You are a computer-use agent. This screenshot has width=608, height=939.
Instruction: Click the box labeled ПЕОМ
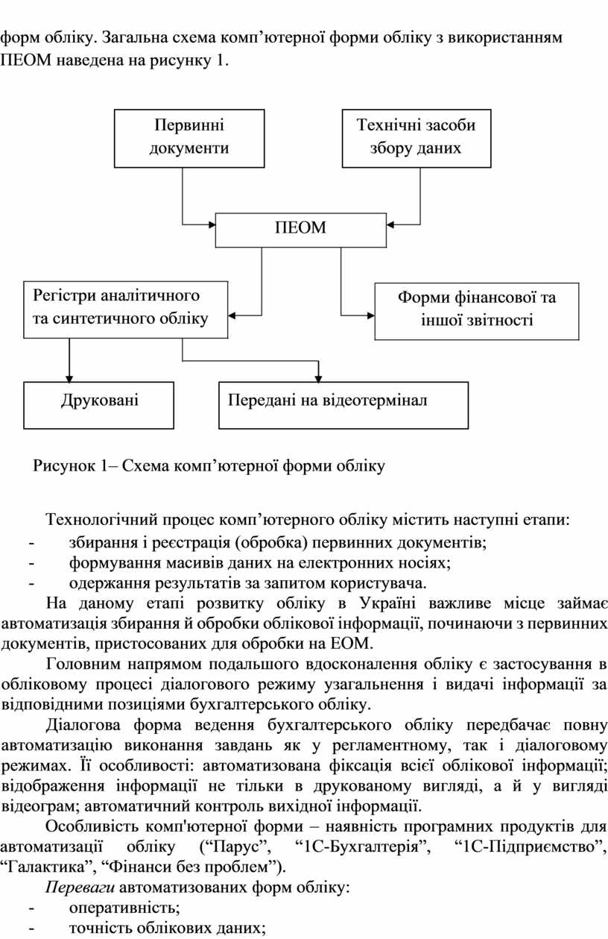(x=301, y=230)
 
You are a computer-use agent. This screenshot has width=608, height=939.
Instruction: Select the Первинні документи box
(x=189, y=138)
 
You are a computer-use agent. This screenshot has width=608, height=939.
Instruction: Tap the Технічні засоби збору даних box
(x=417, y=138)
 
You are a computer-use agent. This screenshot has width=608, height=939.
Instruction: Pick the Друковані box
(x=99, y=405)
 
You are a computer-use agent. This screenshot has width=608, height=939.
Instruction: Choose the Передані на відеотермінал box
(x=343, y=405)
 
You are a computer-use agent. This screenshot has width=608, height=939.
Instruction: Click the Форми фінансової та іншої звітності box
(x=477, y=311)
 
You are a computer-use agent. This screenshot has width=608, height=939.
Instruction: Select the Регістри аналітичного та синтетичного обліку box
(x=126, y=310)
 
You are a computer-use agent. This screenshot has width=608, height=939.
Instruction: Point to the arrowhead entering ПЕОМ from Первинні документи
(x=212, y=224)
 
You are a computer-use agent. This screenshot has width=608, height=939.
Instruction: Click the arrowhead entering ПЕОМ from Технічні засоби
(x=390, y=224)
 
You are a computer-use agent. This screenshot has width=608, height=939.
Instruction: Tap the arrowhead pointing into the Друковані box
(x=69, y=379)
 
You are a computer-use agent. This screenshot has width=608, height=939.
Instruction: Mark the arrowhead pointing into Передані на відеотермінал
(x=319, y=379)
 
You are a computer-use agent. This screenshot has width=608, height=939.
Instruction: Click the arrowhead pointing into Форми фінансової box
(x=370, y=315)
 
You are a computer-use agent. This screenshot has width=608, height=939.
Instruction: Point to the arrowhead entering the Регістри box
(x=232, y=315)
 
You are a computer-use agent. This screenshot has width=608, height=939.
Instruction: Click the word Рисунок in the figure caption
(x=64, y=465)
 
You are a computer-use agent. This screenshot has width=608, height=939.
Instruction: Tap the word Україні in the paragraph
(x=387, y=603)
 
